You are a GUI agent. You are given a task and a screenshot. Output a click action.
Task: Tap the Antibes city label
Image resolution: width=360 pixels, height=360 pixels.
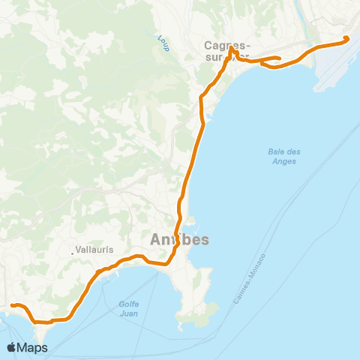click(x=180, y=240)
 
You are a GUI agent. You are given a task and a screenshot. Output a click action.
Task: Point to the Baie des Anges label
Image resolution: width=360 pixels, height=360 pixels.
click(x=284, y=156)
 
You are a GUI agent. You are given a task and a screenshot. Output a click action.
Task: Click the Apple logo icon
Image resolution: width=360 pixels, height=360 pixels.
click(x=13, y=347)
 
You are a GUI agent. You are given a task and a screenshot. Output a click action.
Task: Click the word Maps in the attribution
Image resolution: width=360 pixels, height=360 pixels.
click(x=34, y=347)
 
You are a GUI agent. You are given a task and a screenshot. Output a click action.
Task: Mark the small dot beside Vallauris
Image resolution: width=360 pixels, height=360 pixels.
click(x=73, y=252)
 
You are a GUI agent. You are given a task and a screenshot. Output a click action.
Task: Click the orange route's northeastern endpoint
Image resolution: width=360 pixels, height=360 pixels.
click(x=346, y=38)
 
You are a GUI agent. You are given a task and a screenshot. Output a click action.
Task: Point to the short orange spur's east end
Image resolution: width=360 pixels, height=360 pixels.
click(x=279, y=58)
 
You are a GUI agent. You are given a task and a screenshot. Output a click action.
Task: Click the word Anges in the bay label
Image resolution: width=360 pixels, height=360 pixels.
click(x=284, y=160)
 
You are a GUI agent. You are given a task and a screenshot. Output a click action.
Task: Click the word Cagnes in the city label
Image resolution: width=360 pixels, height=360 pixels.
click(x=221, y=45)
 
